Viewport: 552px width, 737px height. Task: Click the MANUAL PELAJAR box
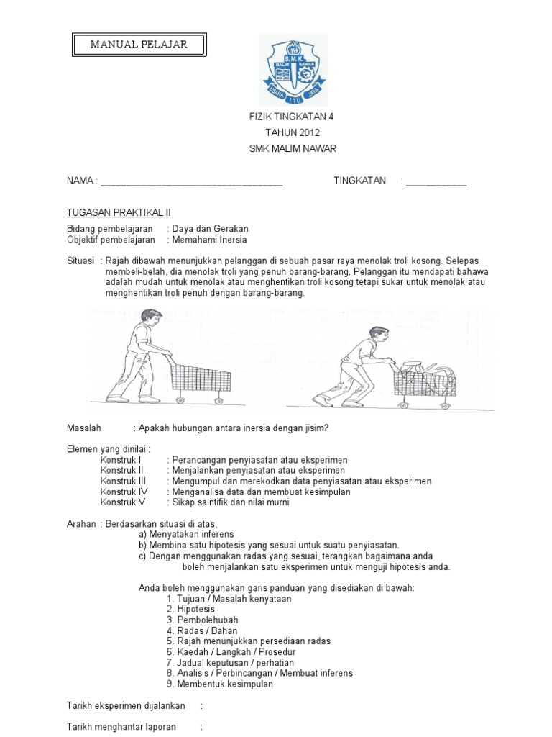139,45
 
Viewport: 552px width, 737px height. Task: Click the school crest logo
292,70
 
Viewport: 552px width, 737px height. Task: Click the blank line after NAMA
191,182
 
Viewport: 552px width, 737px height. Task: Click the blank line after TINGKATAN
436,182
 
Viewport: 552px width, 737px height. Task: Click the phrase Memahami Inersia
208,240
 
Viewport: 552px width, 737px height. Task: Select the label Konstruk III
123,481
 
